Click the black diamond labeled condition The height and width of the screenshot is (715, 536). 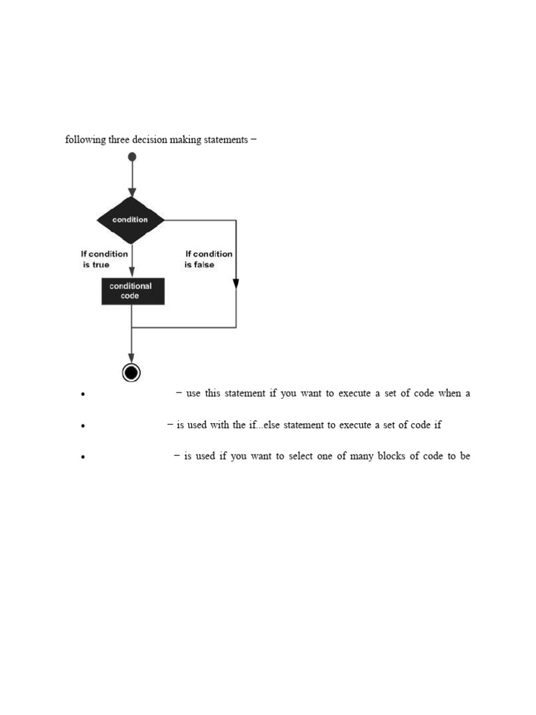[131, 220]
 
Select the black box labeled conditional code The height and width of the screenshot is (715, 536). [133, 290]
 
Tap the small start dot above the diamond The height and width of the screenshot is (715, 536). [132, 156]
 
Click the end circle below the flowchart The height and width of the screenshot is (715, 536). [131, 373]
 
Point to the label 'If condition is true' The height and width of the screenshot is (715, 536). [104, 259]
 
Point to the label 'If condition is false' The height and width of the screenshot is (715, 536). [208, 259]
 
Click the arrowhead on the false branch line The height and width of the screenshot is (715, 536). [236, 283]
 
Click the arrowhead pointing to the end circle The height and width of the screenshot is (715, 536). [131, 357]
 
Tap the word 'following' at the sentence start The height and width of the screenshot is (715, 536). [85, 140]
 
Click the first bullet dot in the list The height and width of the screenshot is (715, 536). [83, 395]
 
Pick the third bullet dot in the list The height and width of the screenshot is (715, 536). [83, 457]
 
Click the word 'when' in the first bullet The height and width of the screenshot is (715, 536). [449, 393]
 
